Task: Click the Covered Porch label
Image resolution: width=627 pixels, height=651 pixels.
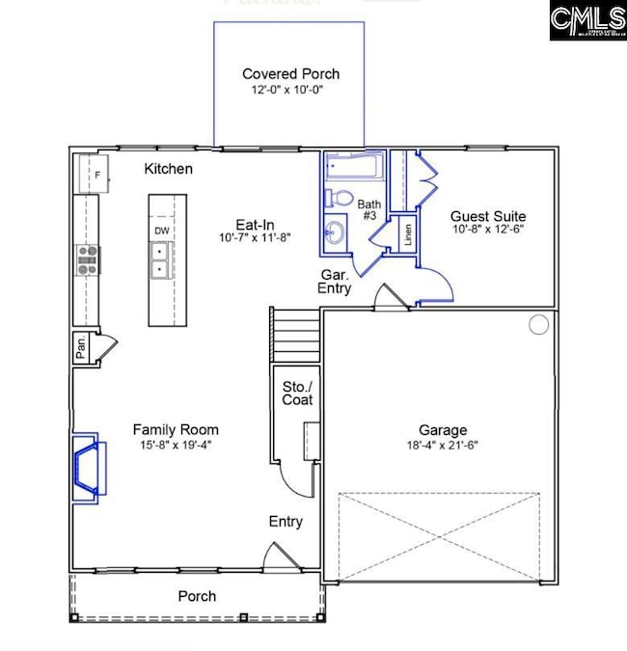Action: click(290, 74)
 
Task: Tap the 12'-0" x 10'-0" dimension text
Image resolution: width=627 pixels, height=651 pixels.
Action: click(290, 91)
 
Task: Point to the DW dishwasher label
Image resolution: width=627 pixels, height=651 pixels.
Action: click(160, 231)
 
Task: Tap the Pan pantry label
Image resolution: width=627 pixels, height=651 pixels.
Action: click(81, 347)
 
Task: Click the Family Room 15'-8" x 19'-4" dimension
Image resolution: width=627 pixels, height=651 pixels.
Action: click(176, 447)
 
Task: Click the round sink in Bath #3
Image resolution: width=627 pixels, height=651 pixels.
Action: click(334, 231)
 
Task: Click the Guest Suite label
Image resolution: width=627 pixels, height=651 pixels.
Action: click(489, 216)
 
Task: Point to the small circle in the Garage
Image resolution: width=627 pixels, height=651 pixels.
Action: click(539, 325)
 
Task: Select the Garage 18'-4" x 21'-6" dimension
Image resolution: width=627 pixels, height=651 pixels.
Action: click(443, 446)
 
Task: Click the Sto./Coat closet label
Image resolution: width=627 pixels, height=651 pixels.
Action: click(290, 393)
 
